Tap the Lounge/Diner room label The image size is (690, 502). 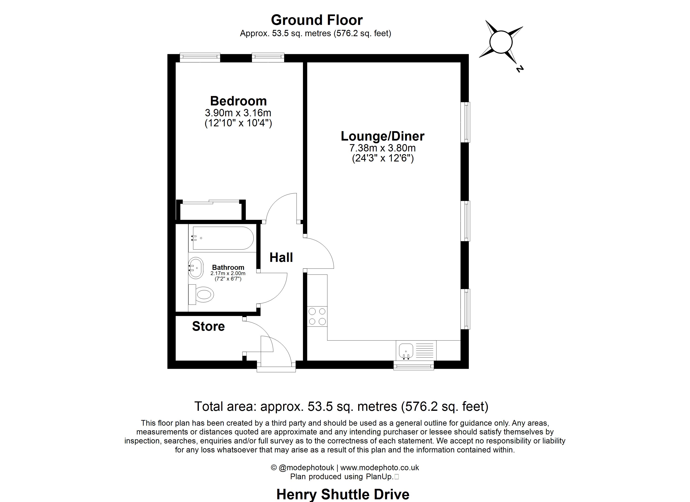382,136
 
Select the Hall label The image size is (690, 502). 281,257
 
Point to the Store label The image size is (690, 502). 208,326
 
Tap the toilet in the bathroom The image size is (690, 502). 201,294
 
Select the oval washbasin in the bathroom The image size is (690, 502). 196,268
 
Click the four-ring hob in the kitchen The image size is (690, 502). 317,316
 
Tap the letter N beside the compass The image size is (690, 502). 520,69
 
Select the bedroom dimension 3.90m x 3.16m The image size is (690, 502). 238,113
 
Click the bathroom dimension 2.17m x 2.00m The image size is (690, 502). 228,273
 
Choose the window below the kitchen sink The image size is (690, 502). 413,365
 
